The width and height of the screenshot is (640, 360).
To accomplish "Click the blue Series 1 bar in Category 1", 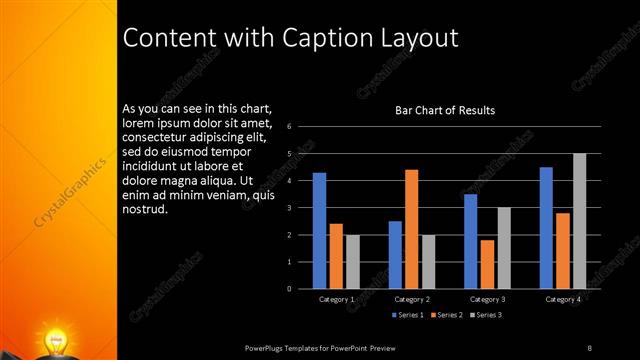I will coord(319,231).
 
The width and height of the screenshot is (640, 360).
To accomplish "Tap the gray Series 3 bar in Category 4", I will coord(580,221).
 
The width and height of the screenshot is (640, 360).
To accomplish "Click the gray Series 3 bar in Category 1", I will coord(352,262).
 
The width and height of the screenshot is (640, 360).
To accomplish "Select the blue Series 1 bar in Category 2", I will coord(395,255).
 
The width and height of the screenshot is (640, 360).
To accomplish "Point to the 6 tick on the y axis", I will coord(288,127).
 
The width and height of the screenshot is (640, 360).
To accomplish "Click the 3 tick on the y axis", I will coord(288,208).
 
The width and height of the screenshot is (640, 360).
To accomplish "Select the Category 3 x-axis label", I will coord(488,299).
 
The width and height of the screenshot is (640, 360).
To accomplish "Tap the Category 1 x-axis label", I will coord(336,299).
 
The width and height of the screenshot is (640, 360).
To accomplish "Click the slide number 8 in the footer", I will coord(589,347).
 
